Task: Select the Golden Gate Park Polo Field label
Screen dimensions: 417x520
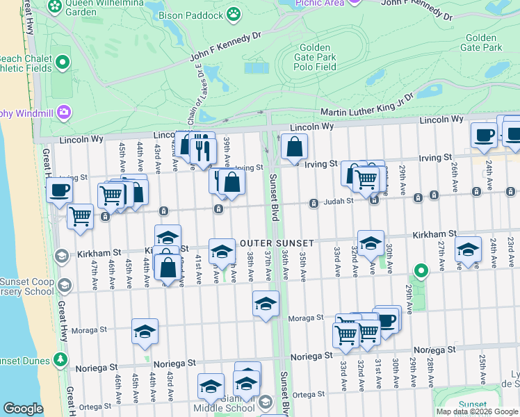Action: tap(316, 57)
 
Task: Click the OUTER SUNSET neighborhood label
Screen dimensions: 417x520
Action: tap(277, 243)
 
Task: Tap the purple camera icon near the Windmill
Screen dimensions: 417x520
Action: tap(64, 111)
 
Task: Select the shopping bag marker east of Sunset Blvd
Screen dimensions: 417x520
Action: tap(295, 146)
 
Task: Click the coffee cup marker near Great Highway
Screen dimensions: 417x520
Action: tap(60, 190)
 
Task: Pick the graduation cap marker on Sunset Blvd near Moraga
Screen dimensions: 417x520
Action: tap(265, 304)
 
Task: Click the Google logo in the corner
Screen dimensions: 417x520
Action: tap(23, 409)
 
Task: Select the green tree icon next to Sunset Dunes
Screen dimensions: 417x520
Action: tap(61, 359)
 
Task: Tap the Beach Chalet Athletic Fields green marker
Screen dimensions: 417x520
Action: tap(63, 63)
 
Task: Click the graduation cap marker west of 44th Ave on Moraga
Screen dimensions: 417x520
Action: tap(145, 332)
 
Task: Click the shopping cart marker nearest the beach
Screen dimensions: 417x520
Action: tap(81, 216)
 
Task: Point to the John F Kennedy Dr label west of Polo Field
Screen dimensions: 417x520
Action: tap(225, 43)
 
